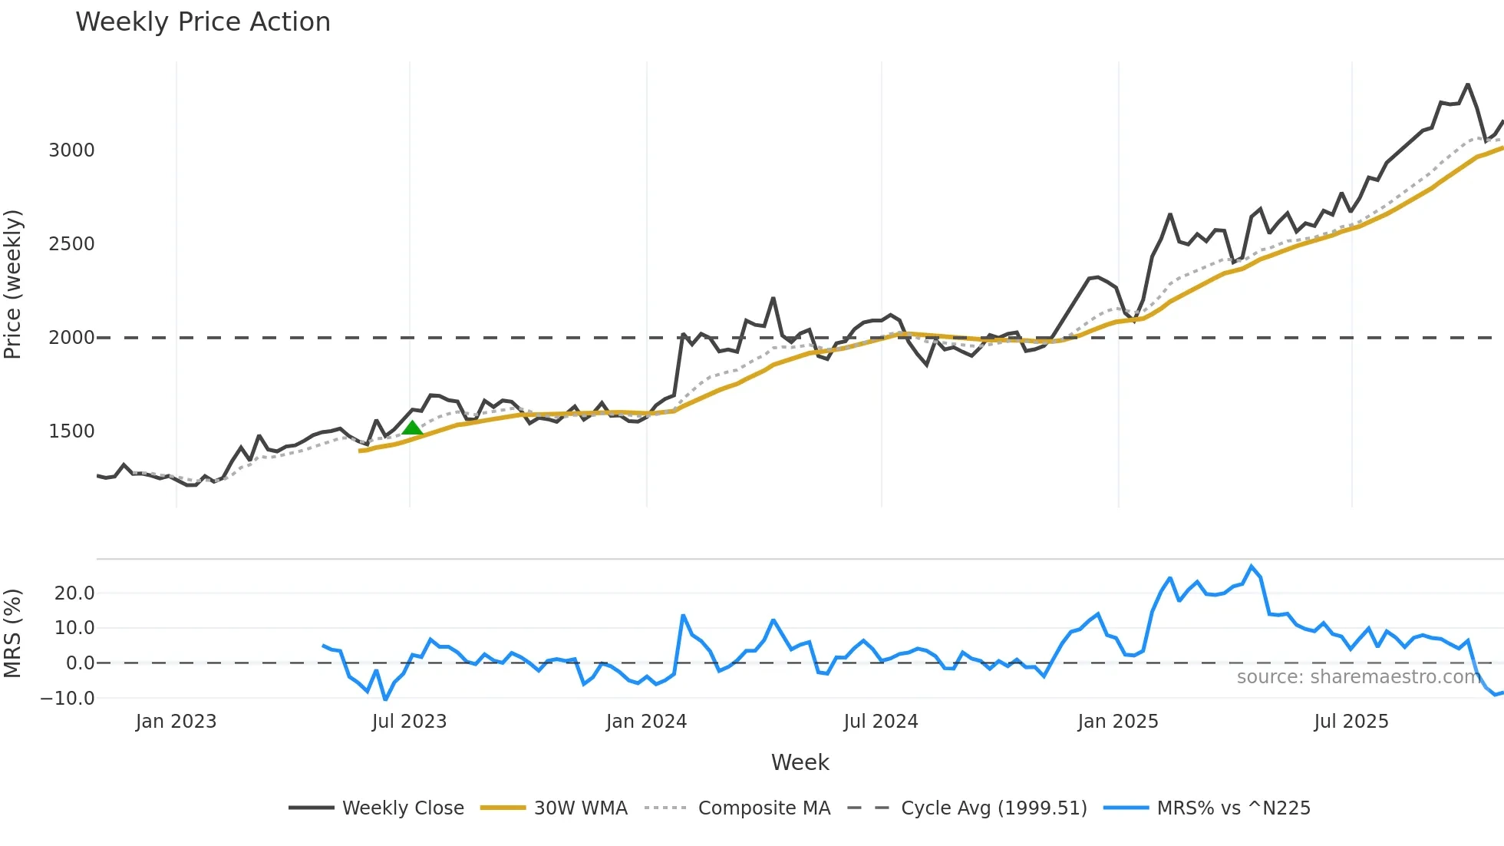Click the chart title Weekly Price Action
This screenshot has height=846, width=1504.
pyautogui.click(x=203, y=22)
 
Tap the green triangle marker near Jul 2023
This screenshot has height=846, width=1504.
pyautogui.click(x=412, y=428)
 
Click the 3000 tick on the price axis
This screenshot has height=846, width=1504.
pyautogui.click(x=71, y=150)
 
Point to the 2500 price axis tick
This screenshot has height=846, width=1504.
pyautogui.click(x=71, y=244)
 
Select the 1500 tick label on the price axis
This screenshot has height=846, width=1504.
pyautogui.click(x=71, y=431)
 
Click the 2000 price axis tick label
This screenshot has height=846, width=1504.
pyautogui.click(x=71, y=338)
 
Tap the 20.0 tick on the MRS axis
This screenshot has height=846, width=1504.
pyautogui.click(x=74, y=593)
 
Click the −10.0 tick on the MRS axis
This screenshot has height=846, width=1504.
pyautogui.click(x=68, y=699)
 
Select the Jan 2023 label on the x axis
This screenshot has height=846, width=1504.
pyautogui.click(x=176, y=722)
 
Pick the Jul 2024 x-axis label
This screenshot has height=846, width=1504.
pyautogui.click(x=880, y=722)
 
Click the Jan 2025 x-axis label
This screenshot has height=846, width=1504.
pyautogui.click(x=1117, y=722)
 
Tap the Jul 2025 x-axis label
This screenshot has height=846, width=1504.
pyautogui.click(x=1351, y=722)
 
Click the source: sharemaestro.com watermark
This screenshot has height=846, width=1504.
pyautogui.click(x=1358, y=677)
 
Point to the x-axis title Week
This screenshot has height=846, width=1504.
pyautogui.click(x=800, y=762)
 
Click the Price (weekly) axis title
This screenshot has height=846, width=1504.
pyautogui.click(x=13, y=284)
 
